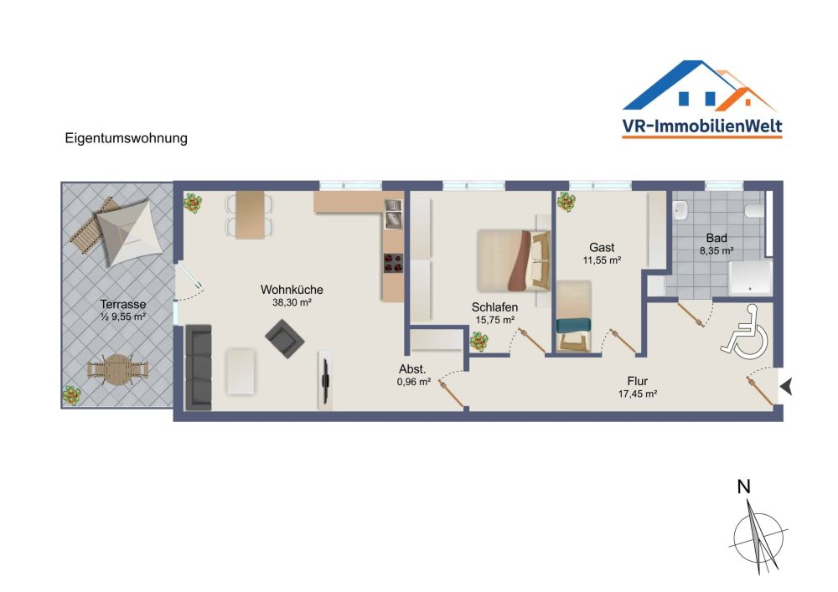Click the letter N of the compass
click(x=743, y=488)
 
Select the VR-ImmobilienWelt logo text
click(x=702, y=126)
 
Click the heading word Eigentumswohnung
click(x=127, y=138)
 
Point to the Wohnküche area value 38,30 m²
click(x=292, y=303)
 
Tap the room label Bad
click(x=716, y=237)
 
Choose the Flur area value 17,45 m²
click(x=637, y=394)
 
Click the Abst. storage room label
click(x=412, y=369)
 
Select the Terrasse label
click(x=124, y=304)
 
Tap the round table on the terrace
click(x=118, y=368)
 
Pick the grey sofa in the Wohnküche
click(x=198, y=367)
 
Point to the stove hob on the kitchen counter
click(x=393, y=263)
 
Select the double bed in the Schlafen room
click(x=511, y=260)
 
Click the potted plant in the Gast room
click(x=566, y=202)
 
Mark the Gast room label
click(x=602, y=247)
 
